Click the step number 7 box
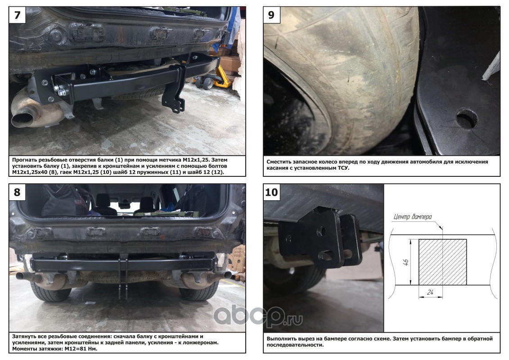[x=17, y=15]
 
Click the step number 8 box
[x=17, y=192]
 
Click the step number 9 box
[x=272, y=15]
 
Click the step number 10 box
[x=272, y=192]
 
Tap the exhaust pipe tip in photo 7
[x=23, y=118]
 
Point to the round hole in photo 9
[x=467, y=119]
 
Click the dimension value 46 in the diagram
[x=406, y=261]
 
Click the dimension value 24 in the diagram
[x=430, y=292]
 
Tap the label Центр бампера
[x=413, y=217]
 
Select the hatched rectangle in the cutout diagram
[x=442, y=262]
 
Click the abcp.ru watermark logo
[x=258, y=316]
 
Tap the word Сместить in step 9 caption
[x=279, y=162]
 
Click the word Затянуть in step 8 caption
[x=24, y=337]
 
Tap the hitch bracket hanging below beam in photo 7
[x=174, y=88]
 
